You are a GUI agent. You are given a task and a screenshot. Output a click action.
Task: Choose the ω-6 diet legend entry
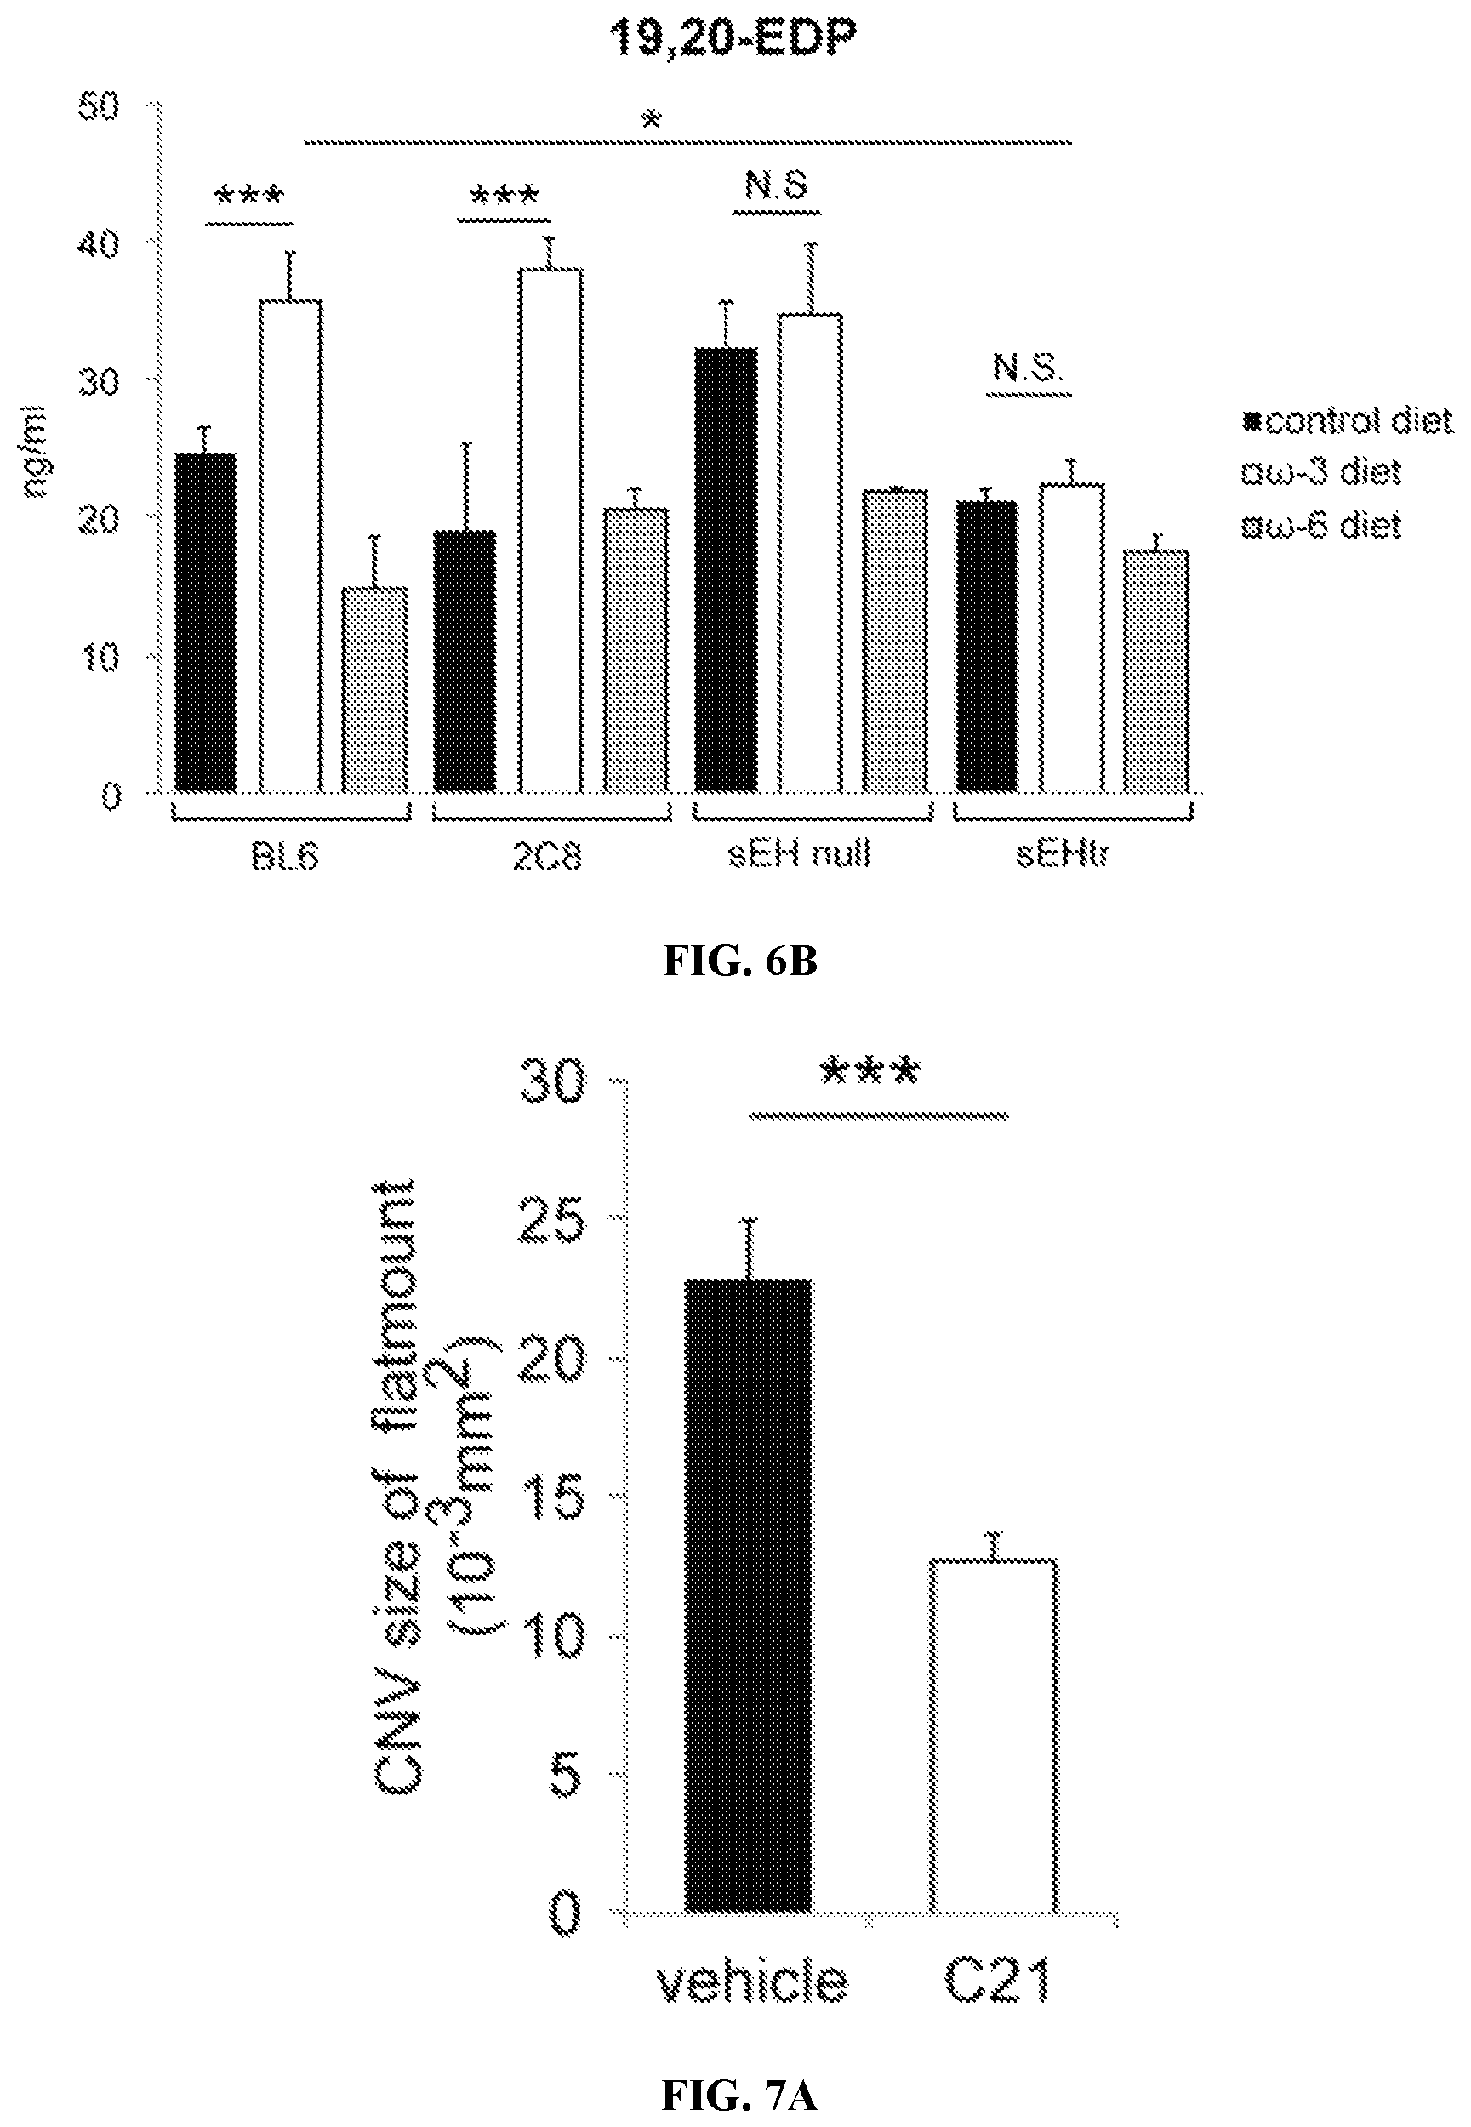1323,527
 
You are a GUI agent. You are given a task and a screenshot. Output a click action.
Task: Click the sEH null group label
799,855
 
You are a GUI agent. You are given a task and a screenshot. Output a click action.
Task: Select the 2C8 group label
548,857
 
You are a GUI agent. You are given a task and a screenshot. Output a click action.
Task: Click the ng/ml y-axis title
34,452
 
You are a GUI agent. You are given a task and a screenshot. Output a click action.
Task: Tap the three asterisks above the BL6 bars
248,197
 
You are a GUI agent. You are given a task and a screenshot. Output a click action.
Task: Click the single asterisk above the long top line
653,120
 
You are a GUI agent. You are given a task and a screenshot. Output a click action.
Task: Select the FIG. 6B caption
739,961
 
